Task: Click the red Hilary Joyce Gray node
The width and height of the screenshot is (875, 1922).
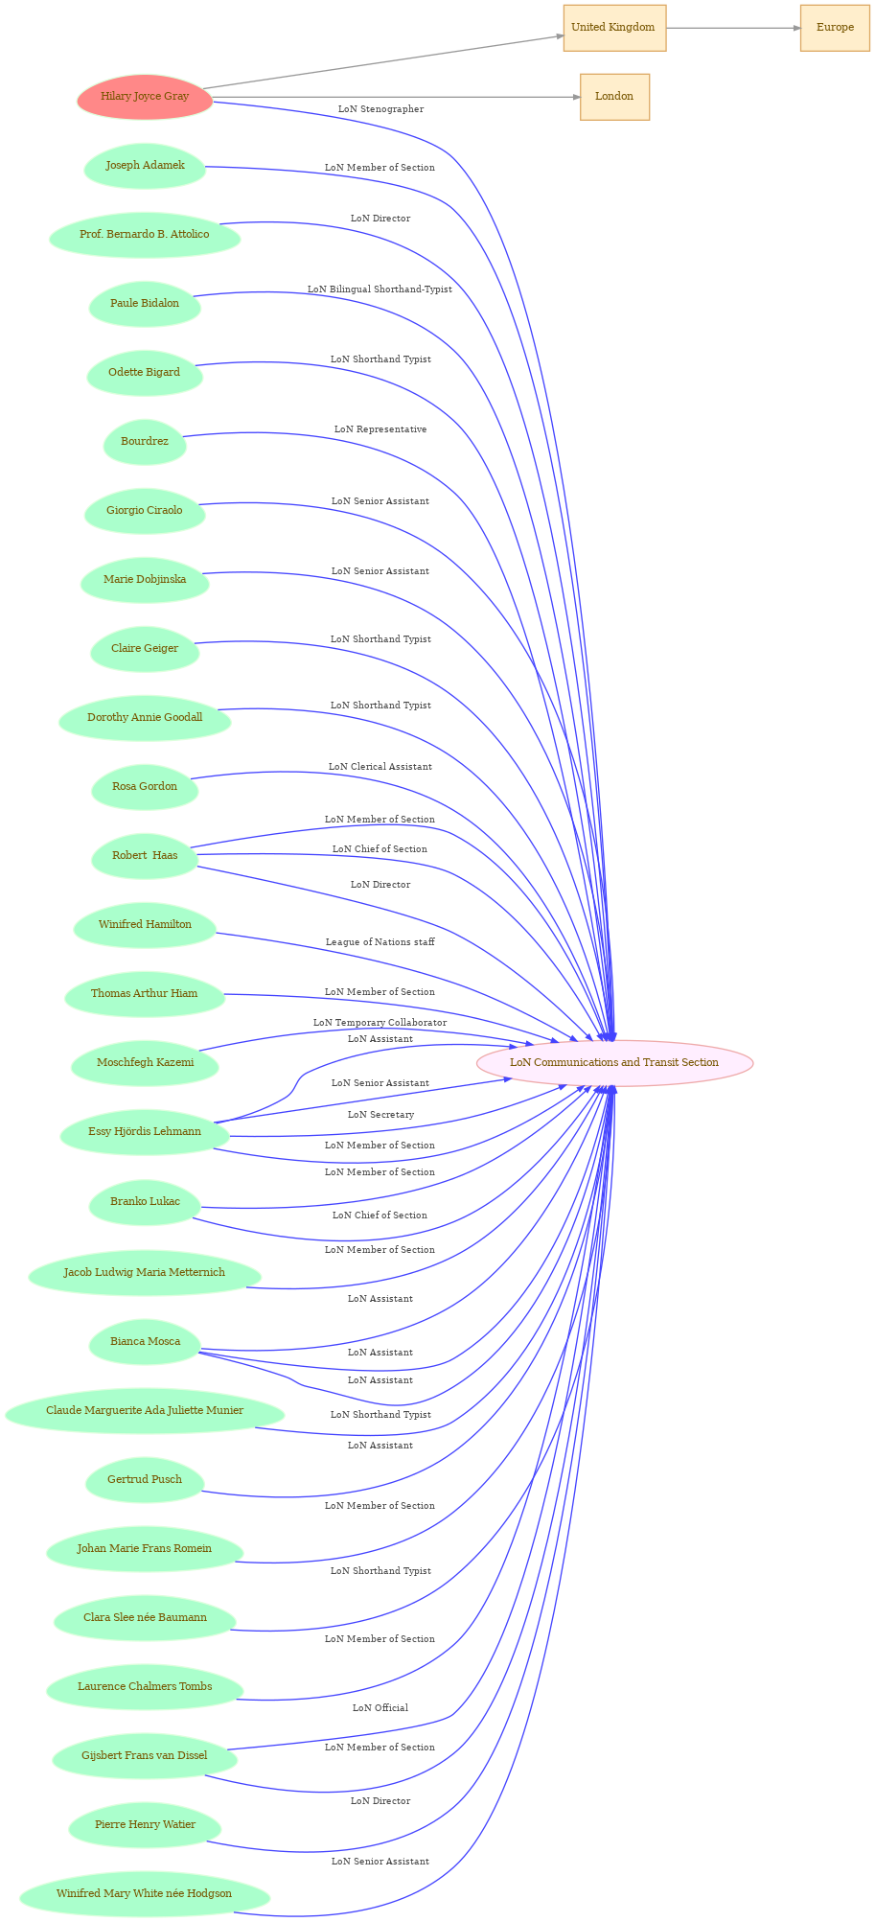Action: [145, 97]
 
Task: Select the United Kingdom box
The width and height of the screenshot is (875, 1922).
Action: [613, 28]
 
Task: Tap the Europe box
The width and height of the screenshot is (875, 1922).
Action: [835, 28]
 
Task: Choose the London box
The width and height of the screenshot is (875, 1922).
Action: [614, 97]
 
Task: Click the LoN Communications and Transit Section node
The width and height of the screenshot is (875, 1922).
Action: [614, 1063]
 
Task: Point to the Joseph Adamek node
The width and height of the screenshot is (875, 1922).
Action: [145, 166]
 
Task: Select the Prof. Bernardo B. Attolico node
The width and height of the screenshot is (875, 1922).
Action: [145, 235]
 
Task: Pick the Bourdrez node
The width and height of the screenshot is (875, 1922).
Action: [145, 442]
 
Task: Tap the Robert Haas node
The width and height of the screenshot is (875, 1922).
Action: [145, 856]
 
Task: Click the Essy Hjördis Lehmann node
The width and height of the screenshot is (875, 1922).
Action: [145, 1132]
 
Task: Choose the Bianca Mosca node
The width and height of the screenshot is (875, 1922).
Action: [145, 1342]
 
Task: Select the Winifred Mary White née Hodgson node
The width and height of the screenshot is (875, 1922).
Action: [144, 1894]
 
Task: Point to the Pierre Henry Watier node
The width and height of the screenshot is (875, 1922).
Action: [145, 1825]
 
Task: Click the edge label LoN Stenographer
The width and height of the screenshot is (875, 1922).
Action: [380, 109]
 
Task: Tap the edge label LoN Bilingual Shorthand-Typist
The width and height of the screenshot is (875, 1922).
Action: [380, 289]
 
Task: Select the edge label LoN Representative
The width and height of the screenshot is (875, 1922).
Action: [380, 429]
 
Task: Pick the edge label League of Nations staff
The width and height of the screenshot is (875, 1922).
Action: [380, 942]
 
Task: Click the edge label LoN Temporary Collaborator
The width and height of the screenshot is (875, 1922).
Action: [380, 1023]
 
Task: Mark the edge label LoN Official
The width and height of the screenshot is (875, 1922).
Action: [380, 1708]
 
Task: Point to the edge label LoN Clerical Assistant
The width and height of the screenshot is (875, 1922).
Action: [380, 767]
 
